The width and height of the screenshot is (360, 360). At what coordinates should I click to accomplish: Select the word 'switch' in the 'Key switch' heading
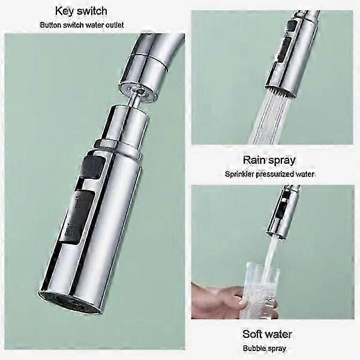point(109,10)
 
